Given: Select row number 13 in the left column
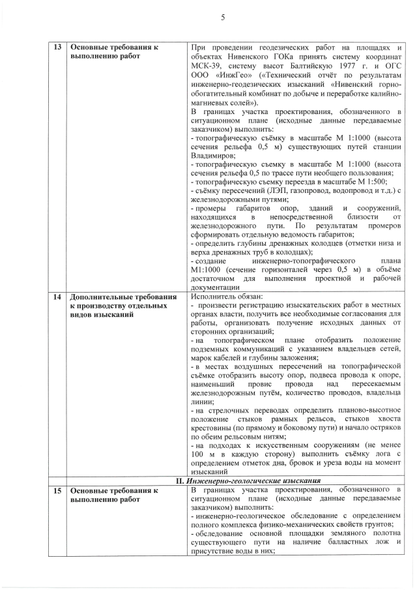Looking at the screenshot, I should point(57,48).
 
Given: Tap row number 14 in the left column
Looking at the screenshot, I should point(57,296).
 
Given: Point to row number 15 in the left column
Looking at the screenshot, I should point(57,490).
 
